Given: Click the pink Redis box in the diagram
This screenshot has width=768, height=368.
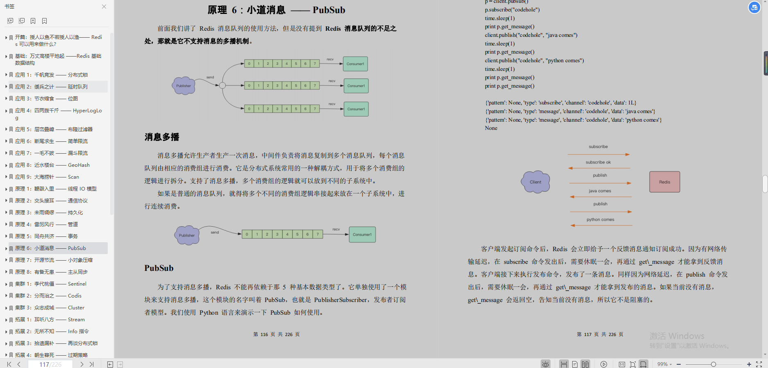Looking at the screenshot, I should tap(664, 182).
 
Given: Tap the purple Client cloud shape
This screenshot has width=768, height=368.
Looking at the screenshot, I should tap(535, 182).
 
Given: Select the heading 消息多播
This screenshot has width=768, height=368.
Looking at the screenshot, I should tap(162, 137).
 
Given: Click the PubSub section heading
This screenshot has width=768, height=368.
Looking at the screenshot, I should tap(159, 268).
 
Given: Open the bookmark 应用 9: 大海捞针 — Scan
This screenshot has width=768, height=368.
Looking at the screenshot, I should tap(47, 177).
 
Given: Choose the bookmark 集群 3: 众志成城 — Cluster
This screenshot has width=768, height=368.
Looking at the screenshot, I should tap(50, 308).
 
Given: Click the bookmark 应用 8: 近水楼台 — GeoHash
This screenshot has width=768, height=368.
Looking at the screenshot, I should tap(52, 165).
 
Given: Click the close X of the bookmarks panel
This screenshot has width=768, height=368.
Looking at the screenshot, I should tap(104, 7).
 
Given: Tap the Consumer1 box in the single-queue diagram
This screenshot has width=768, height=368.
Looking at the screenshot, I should tap(362, 234).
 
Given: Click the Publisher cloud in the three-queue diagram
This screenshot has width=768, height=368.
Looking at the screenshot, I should tap(184, 86).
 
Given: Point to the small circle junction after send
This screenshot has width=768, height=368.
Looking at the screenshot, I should tap(222, 86).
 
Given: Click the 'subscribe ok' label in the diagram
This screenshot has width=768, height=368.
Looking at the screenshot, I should tap(598, 162).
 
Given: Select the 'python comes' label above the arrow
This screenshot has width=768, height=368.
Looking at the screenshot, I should tap(600, 220).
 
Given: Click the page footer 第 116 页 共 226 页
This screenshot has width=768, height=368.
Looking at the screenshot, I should tap(276, 334).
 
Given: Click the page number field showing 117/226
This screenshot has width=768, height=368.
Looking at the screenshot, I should tap(50, 364).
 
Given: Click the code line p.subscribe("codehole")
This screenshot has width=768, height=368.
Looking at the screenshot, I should tap(512, 9).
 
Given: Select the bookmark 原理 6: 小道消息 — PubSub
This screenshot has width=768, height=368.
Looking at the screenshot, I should tap(50, 248).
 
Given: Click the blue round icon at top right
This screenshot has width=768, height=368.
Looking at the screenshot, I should tap(754, 7).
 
